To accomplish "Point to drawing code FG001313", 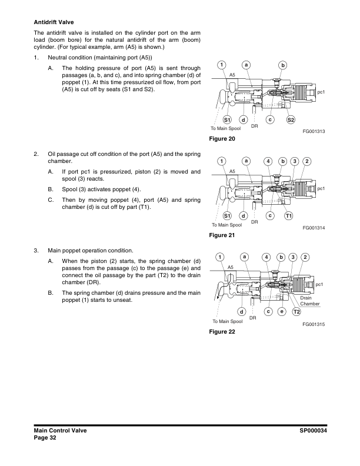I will [x=315, y=132].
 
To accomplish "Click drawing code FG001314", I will [x=315, y=228].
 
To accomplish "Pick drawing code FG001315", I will [x=315, y=324].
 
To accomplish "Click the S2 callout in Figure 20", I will [x=290, y=120].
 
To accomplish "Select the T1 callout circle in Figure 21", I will [x=289, y=216].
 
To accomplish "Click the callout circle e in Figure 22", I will [x=282, y=311].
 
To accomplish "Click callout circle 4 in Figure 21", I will [x=268, y=161].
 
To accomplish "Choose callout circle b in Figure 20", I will [x=282, y=65].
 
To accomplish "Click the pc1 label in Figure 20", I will [x=321, y=92].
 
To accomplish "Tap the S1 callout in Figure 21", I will [x=227, y=216].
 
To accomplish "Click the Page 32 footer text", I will [x=45, y=438].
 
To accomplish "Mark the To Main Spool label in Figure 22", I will [x=227, y=321].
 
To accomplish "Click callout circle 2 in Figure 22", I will [x=306, y=257].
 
